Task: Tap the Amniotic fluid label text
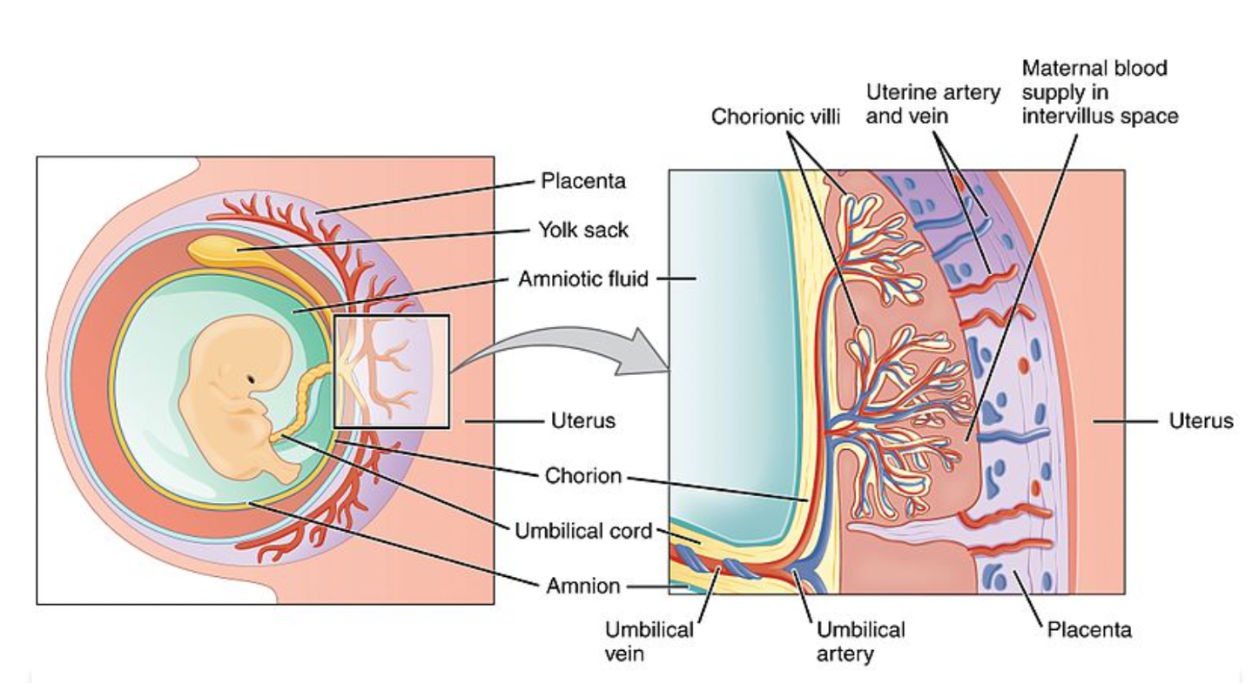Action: (583, 279)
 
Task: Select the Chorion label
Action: (583, 476)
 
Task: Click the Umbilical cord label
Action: (583, 530)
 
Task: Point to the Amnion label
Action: (583, 586)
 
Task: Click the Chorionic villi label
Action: (776, 116)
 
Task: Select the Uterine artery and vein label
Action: (932, 104)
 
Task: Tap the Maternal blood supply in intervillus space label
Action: (1100, 91)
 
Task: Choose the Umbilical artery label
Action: (860, 640)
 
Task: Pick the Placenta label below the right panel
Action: (1089, 629)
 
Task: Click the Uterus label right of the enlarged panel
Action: (1201, 421)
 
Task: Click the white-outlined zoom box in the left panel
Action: (391, 372)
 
